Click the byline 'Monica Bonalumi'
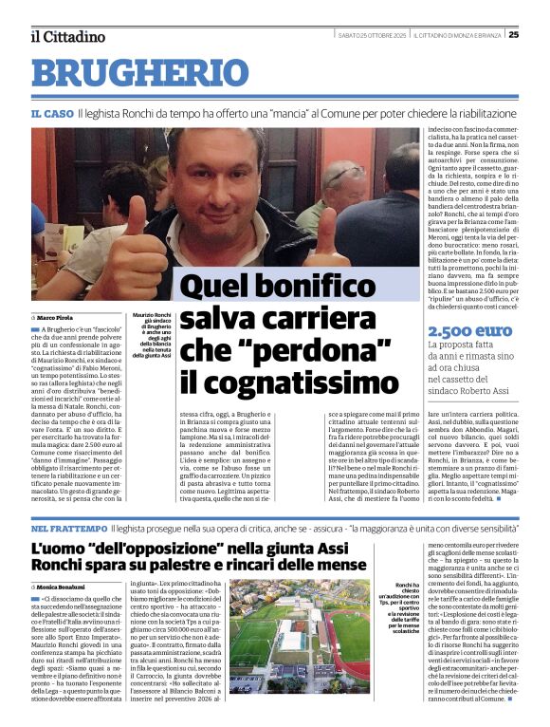tap(67, 562)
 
